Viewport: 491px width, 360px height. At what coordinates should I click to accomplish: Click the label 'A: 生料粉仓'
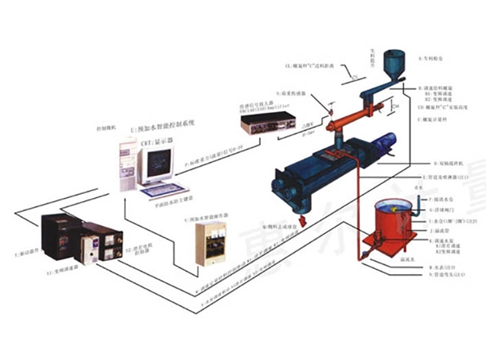[x=433, y=58]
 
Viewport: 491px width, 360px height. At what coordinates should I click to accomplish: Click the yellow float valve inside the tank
[x=398, y=213]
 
